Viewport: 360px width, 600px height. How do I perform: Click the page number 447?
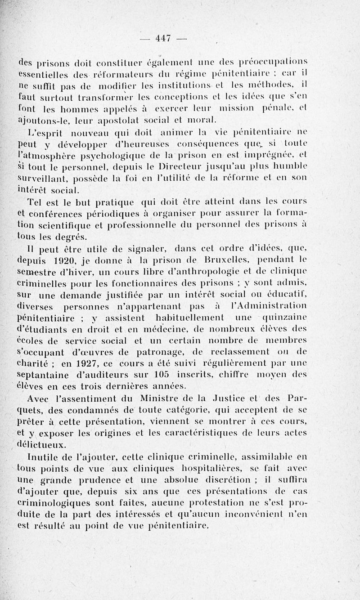click(162, 39)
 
